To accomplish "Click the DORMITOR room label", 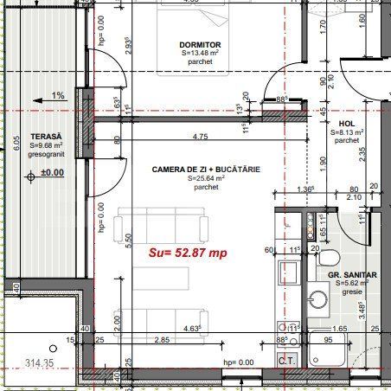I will tap(200, 44).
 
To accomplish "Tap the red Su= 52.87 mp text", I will tap(188, 253).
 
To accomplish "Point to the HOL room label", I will tap(347, 123).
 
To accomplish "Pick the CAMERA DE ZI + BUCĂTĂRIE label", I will tap(205, 169).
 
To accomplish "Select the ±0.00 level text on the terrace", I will tap(53, 172).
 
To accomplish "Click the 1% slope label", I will tap(57, 95).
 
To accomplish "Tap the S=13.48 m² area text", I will tap(200, 54).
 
